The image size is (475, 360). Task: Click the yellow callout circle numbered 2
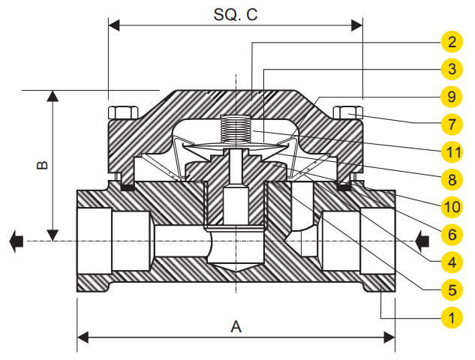(452, 42)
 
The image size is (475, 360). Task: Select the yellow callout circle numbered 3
(452, 69)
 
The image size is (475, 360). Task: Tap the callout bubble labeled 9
(452, 97)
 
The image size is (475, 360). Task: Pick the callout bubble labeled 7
(452, 124)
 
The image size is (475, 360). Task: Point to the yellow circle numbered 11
(452, 152)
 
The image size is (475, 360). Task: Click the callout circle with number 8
(452, 179)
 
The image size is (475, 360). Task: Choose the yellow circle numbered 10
(452, 207)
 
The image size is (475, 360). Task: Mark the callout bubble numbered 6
(452, 235)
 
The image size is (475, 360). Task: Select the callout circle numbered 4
(452, 262)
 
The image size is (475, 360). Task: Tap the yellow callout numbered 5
(452, 290)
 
